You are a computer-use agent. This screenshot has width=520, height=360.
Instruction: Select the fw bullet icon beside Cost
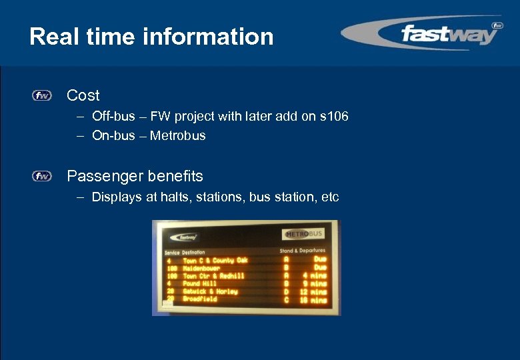pyautogui.click(x=41, y=96)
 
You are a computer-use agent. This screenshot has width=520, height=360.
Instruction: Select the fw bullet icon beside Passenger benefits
pyautogui.click(x=41, y=177)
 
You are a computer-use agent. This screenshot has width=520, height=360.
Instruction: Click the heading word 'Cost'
pyautogui.click(x=83, y=96)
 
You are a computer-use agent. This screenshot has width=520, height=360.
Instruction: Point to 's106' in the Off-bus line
pyautogui.click(x=334, y=117)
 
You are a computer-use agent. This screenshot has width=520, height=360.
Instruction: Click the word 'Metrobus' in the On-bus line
pyautogui.click(x=178, y=136)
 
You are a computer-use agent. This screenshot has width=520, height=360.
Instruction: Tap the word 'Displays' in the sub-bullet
pyautogui.click(x=116, y=197)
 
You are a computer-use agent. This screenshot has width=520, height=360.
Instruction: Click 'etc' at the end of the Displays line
pyautogui.click(x=330, y=197)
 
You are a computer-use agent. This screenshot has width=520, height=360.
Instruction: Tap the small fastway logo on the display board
pyautogui.click(x=184, y=237)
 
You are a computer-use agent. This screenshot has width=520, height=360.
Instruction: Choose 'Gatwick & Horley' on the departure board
pyautogui.click(x=210, y=291)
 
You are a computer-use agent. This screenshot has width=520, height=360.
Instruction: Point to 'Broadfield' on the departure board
pyautogui.click(x=200, y=299)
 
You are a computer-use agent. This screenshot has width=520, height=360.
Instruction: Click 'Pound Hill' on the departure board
pyautogui.click(x=201, y=283)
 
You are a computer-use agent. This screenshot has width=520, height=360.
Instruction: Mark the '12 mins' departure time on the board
pyautogui.click(x=313, y=292)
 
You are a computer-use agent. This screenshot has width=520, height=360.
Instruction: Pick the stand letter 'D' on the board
pyautogui.click(x=286, y=292)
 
